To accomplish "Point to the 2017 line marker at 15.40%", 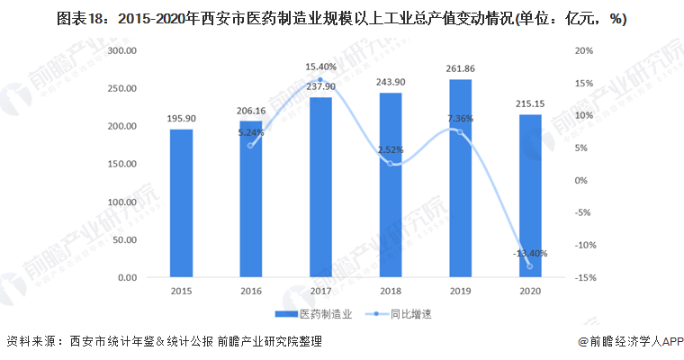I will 320,80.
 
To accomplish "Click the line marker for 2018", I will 390,163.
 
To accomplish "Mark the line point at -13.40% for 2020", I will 529,266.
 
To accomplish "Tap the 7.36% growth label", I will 459,118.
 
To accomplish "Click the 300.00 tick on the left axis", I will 121,51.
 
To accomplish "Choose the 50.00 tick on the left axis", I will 122,240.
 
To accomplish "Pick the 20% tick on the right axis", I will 584,51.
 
